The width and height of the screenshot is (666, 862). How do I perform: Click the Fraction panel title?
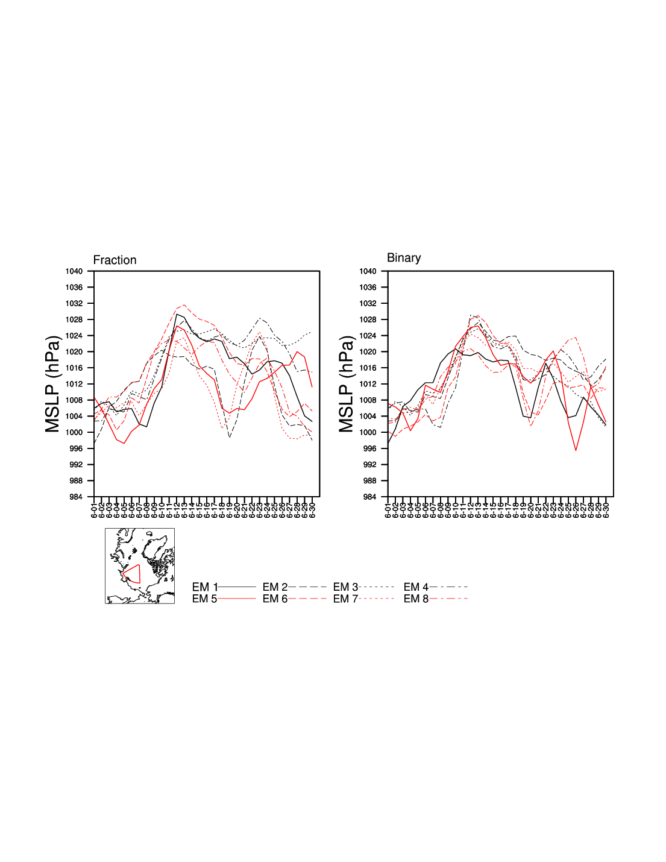pyautogui.click(x=115, y=260)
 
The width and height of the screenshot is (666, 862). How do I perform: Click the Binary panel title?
pyautogui.click(x=404, y=257)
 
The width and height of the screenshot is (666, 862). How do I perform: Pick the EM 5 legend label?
pyautogui.click(x=204, y=599)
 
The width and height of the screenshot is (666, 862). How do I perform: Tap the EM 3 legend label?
pyautogui.click(x=345, y=587)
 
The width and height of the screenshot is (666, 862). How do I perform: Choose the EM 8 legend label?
pyautogui.click(x=416, y=599)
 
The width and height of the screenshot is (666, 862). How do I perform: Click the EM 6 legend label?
pyautogui.click(x=275, y=599)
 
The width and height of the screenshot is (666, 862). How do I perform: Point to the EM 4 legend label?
pyautogui.click(x=416, y=587)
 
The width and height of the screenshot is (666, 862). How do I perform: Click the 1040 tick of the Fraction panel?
pyautogui.click(x=74, y=271)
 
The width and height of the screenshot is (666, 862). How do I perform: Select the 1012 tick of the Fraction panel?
pyautogui.click(x=74, y=384)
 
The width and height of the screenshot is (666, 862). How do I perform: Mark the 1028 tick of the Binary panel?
pyautogui.click(x=368, y=319)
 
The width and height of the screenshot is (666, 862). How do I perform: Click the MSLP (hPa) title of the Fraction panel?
pyautogui.click(x=53, y=384)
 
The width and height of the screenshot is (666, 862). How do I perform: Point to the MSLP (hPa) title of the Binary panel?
pyautogui.click(x=347, y=384)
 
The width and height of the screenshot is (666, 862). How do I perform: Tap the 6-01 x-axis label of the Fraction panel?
pyautogui.click(x=95, y=509)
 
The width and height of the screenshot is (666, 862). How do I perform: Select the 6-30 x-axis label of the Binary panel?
pyautogui.click(x=606, y=509)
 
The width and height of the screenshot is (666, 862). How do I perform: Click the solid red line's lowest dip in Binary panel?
pyautogui.click(x=576, y=450)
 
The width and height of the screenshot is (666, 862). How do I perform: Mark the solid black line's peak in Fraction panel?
pyautogui.click(x=177, y=314)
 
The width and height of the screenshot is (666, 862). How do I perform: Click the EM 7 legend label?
pyautogui.click(x=345, y=599)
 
